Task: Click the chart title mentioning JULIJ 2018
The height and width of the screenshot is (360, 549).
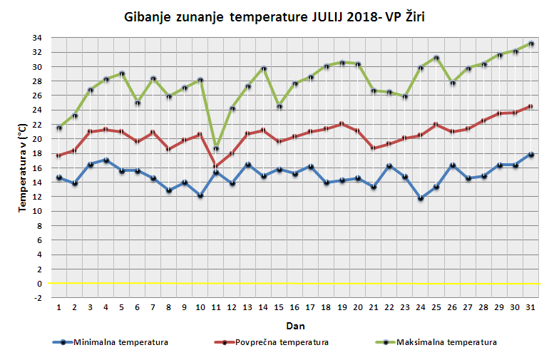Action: tap(274, 16)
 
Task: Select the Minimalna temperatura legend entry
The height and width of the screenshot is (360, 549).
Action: tap(111, 342)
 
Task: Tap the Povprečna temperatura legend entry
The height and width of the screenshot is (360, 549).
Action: tap(272, 342)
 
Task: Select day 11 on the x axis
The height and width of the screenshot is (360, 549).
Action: tap(215, 307)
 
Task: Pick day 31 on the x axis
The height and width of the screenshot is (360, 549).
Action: tap(530, 307)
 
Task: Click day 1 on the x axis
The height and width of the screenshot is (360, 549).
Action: tap(58, 307)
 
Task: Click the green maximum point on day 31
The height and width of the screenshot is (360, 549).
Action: tap(530, 43)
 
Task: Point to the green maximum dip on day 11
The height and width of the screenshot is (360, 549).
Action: tap(215, 149)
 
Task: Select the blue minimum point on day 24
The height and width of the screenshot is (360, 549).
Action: tap(421, 198)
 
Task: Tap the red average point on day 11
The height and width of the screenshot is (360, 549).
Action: tap(215, 165)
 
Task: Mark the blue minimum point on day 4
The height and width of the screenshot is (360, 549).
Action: tap(106, 160)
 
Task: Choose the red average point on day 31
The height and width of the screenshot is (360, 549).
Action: tap(530, 106)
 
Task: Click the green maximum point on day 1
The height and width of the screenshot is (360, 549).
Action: tap(58, 128)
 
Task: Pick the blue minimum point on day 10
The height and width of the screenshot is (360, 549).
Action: tap(200, 195)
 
